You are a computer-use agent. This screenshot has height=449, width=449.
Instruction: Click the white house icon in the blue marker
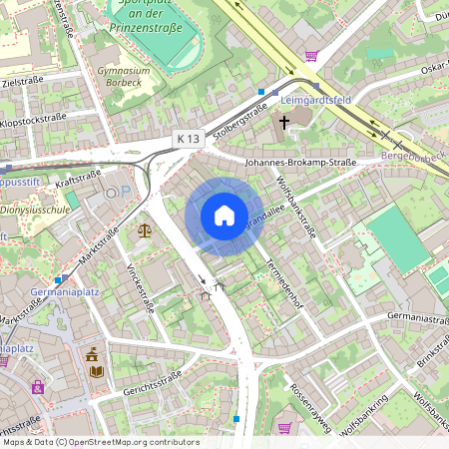tap(224, 216)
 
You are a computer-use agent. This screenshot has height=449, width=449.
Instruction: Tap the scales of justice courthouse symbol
tap(146, 229)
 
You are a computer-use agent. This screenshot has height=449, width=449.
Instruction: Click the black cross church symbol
tap(284, 122)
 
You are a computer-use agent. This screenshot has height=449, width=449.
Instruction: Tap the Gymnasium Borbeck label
tap(124, 77)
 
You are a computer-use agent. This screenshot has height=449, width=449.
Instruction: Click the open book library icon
tap(97, 371)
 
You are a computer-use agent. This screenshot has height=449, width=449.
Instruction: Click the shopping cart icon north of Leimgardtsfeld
tap(311, 56)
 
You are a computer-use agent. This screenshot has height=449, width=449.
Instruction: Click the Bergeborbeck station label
tap(413, 158)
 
